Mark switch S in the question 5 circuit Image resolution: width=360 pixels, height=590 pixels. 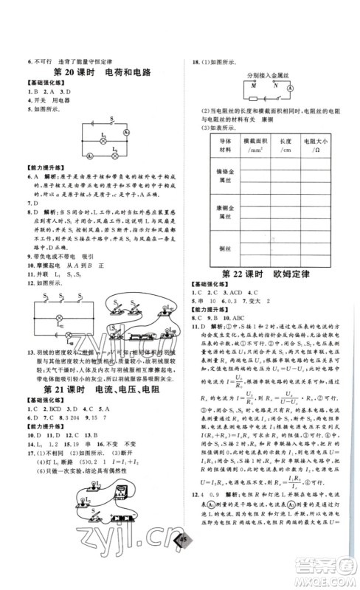point(111,120)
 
